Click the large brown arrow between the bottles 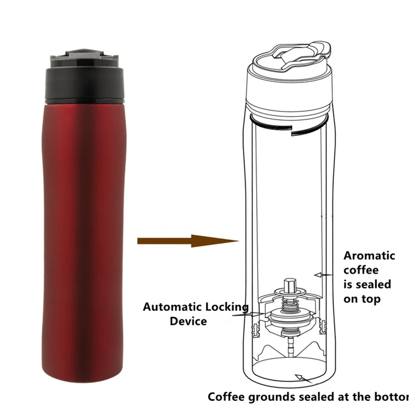click(189, 240)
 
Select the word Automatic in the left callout click(172, 307)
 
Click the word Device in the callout click(188, 322)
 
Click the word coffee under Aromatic click(361, 270)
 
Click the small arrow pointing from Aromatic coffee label click(321, 275)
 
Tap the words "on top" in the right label click(362, 299)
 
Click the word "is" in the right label click(349, 284)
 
